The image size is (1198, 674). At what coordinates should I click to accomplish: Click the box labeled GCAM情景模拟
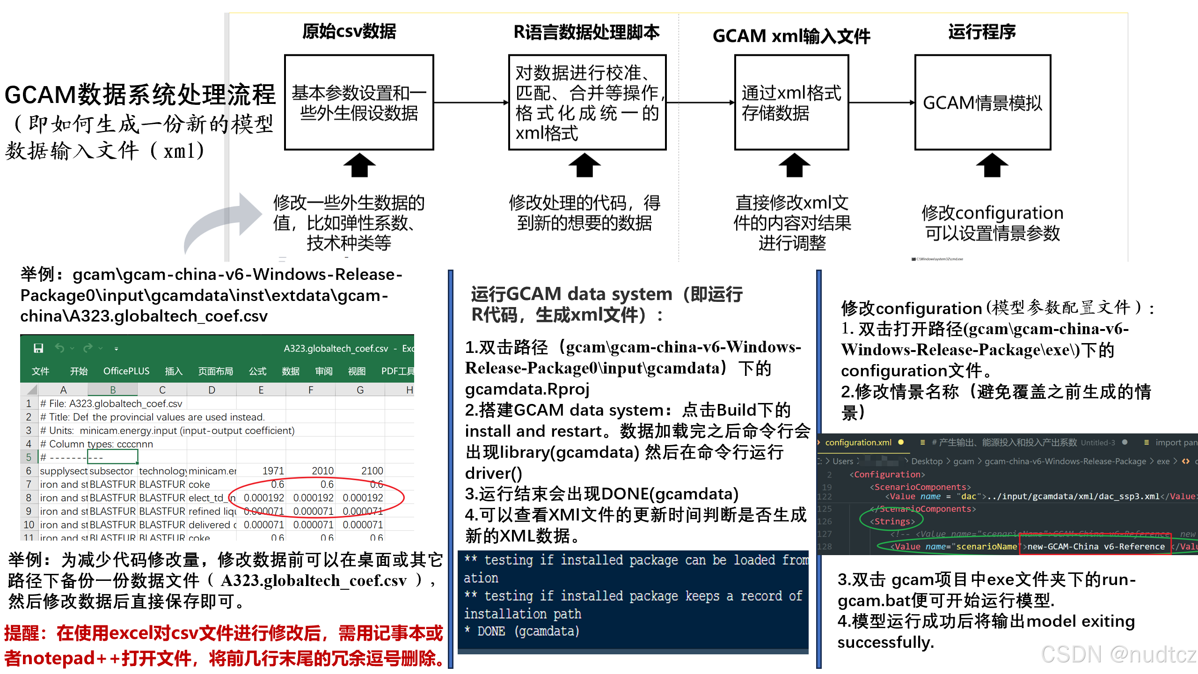pos(982,103)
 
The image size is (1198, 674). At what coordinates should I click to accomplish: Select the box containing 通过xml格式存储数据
pos(791,103)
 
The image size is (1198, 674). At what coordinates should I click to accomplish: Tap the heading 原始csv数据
pos(349,32)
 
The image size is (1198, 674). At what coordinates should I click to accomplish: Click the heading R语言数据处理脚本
pos(586,32)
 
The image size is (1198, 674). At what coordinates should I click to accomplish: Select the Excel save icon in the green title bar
pos(38,348)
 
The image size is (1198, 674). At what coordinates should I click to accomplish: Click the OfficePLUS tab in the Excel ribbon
pos(126,371)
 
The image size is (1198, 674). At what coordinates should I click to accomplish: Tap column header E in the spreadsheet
pos(261,390)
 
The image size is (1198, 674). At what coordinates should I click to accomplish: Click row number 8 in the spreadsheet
pos(29,498)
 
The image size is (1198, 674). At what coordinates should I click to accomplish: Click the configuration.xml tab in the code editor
pos(858,442)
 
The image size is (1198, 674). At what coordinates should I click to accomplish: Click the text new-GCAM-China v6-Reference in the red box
pos(1096,546)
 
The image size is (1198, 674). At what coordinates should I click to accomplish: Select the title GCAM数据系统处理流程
pos(140,95)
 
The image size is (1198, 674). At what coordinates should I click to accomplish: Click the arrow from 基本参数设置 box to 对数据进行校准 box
pos(471,103)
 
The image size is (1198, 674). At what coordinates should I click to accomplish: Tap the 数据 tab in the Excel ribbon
pos(290,371)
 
